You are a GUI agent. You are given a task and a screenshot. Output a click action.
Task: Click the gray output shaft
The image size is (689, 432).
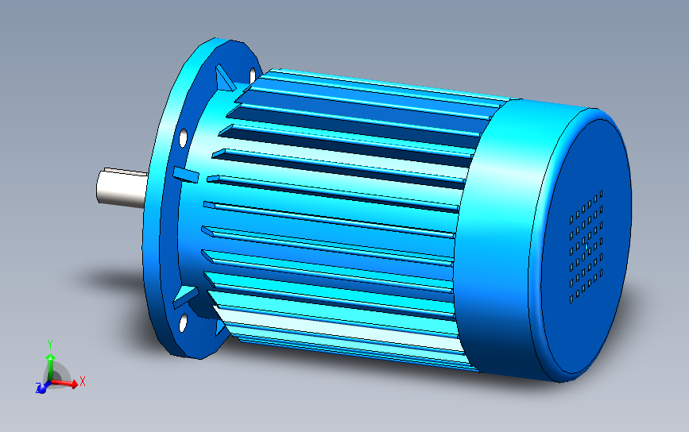coord(119,191)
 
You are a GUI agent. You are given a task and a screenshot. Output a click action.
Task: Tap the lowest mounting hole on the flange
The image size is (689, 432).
coord(183,322)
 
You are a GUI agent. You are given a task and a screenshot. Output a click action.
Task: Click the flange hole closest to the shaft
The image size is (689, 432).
coord(184,138)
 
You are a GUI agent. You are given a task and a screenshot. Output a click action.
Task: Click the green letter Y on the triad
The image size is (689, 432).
coord(49,343)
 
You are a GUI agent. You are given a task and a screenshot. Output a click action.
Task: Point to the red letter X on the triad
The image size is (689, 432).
coord(83,382)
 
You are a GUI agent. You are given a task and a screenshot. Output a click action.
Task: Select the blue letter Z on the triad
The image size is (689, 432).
coord(38,389)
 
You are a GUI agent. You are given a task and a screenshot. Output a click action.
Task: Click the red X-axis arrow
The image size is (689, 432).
coord(68,384)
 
